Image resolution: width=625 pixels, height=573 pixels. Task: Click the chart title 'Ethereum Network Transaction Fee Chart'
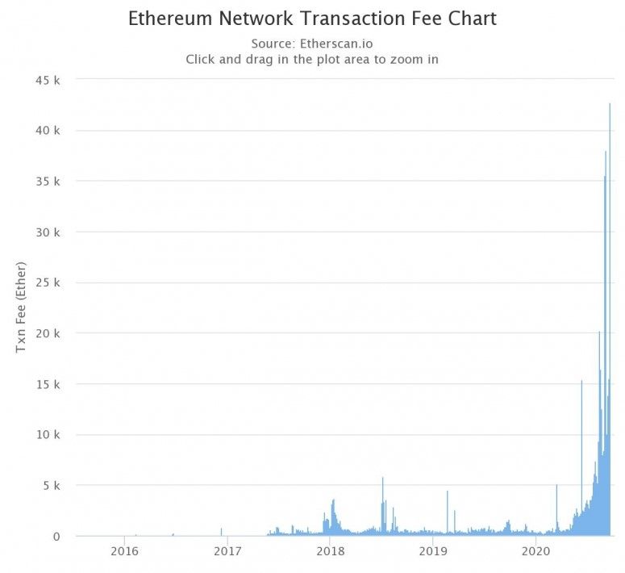pos(312,19)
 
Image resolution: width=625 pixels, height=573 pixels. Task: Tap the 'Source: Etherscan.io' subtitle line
pos(312,44)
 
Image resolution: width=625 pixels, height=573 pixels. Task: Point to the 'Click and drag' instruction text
pos(312,59)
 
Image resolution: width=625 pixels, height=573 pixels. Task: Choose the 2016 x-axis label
pos(124,552)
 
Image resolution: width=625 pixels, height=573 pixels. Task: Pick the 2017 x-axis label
pos(227,552)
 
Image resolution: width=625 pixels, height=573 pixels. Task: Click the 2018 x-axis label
pos(331,552)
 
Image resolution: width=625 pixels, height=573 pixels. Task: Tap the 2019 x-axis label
pos(434,552)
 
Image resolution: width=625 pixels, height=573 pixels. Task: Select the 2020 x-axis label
pos(536,552)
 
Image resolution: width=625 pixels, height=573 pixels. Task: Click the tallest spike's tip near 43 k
pos(610,104)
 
